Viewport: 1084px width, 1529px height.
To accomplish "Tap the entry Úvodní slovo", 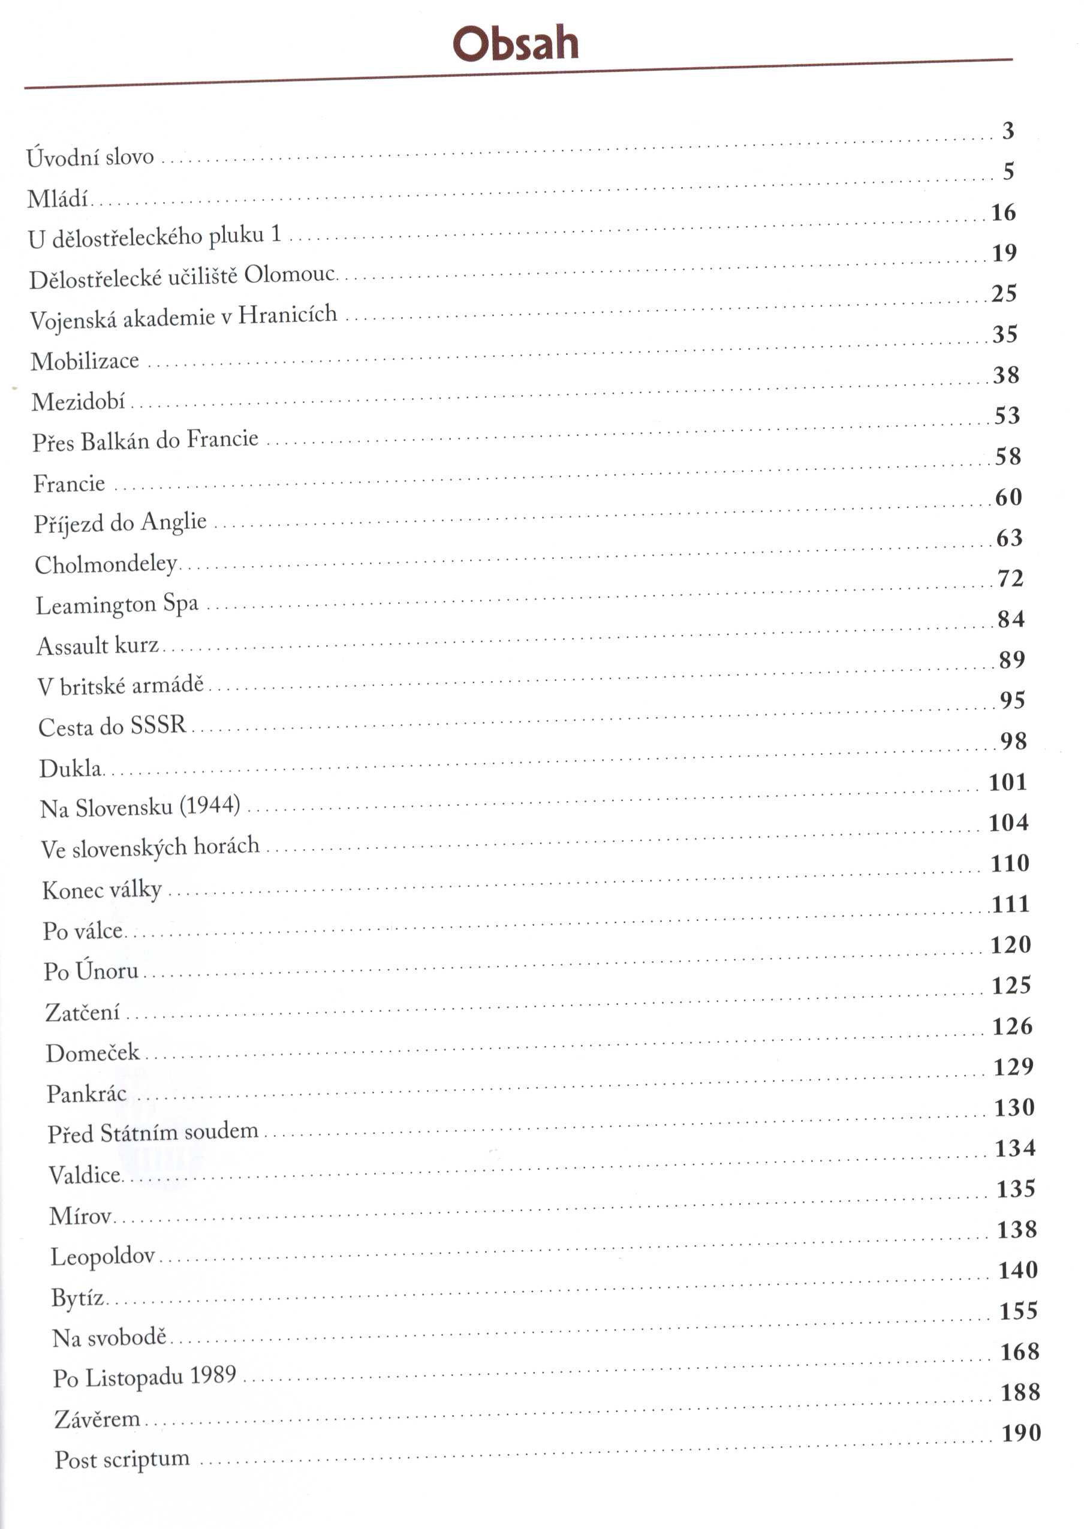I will point(90,158).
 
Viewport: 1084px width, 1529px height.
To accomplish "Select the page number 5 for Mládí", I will point(1008,171).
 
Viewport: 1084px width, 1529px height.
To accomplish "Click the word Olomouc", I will point(289,274).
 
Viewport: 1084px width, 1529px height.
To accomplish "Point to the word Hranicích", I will point(288,314).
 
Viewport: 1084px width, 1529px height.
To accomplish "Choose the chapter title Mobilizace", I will point(85,361).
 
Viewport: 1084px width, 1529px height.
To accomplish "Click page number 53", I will point(1007,416).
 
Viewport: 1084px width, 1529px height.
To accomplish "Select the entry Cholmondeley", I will point(106,565).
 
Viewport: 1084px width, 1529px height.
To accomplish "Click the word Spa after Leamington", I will point(181,603).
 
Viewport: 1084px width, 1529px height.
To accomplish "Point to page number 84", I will point(1011,619).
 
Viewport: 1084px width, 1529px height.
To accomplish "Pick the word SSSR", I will point(158,725).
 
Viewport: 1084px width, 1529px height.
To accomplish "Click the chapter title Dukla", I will point(70,769).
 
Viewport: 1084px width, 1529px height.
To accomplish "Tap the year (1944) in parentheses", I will point(210,805).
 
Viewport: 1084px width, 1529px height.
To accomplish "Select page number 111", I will point(1011,904).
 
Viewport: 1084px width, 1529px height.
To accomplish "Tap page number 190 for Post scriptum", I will point(1021,1433).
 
